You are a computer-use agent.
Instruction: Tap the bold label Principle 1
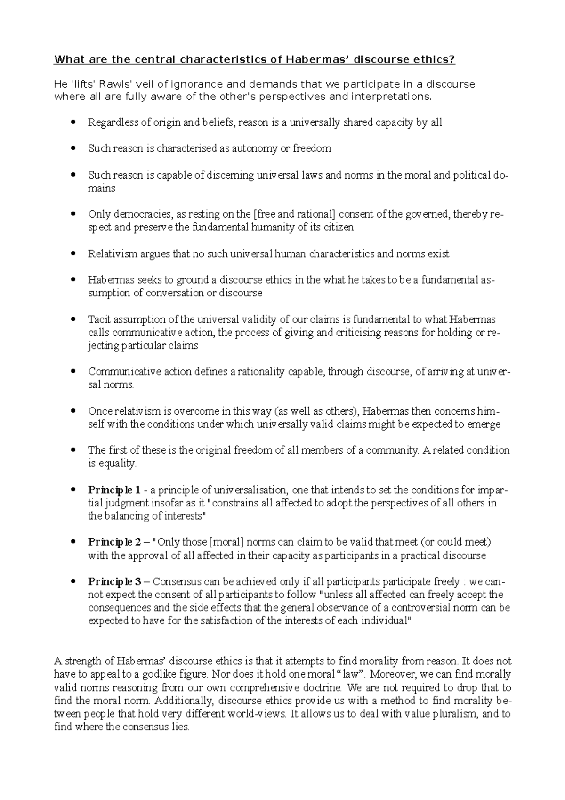[114, 490]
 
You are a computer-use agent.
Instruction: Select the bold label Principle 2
[114, 542]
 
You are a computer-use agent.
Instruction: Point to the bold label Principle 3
[114, 581]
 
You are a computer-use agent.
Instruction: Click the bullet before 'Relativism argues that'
[72, 254]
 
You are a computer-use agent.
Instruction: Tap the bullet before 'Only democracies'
[72, 214]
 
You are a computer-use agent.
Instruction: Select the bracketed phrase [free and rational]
[294, 214]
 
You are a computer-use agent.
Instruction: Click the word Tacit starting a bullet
[97, 319]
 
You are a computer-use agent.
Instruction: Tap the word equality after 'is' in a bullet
[117, 464]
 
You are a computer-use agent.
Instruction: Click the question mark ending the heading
[453, 59]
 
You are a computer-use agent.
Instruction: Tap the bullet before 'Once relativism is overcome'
[72, 411]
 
